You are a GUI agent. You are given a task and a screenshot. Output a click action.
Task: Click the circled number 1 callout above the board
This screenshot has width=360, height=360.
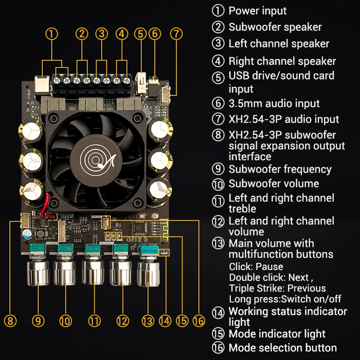(x=52, y=34)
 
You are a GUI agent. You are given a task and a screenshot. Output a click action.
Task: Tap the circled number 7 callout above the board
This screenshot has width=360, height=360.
(x=176, y=34)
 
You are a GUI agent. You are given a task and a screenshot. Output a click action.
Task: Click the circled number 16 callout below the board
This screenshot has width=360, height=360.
(x=198, y=320)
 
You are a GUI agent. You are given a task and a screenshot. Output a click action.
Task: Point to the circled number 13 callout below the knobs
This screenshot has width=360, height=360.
(x=148, y=320)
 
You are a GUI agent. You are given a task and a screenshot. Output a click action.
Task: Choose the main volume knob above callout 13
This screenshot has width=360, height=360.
(x=148, y=274)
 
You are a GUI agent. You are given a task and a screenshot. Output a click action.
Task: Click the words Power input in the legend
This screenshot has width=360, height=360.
(x=257, y=11)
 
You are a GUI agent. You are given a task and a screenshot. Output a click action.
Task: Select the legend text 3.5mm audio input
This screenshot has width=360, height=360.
(x=274, y=104)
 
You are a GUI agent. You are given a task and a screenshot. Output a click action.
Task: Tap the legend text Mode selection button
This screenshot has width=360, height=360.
(x=283, y=348)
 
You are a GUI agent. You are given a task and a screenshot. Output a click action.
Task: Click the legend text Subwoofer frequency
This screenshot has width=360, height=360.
(x=280, y=169)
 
